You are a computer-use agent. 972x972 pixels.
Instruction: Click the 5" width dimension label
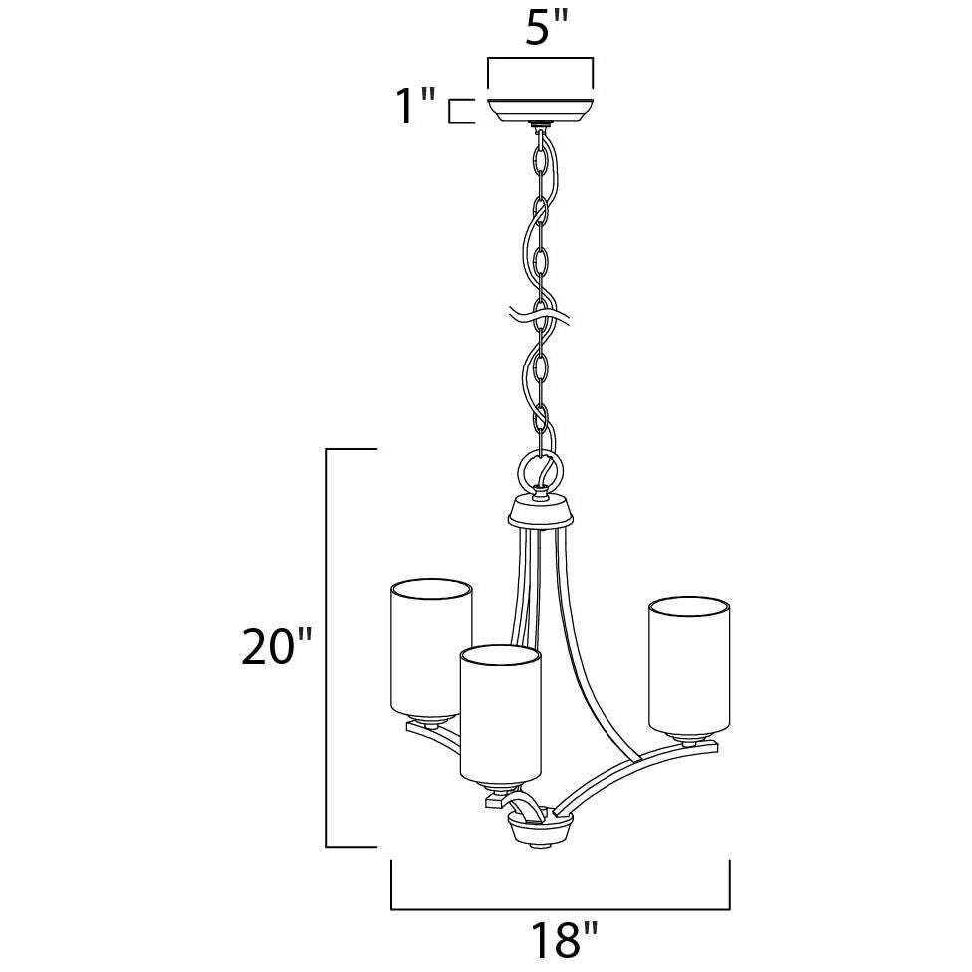point(547,27)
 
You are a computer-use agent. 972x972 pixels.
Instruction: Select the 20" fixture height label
point(275,646)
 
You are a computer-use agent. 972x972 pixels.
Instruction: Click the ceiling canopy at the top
point(541,110)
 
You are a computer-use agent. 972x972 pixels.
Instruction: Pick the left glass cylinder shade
point(431,651)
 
